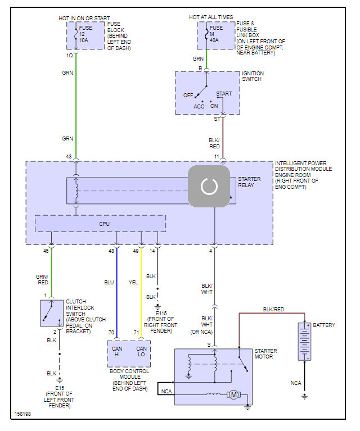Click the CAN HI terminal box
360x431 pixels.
[x=117, y=352]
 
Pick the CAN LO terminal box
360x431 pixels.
[x=141, y=352]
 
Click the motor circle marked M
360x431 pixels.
[x=232, y=394]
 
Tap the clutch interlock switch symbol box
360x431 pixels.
[x=51, y=313]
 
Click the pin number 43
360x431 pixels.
[x=69, y=156]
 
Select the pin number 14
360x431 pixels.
[x=152, y=251]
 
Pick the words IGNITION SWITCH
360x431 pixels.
[x=253, y=77]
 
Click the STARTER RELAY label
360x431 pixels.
[x=249, y=182]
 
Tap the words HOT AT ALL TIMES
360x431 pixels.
[x=211, y=17]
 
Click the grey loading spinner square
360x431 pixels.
[x=209, y=186]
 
